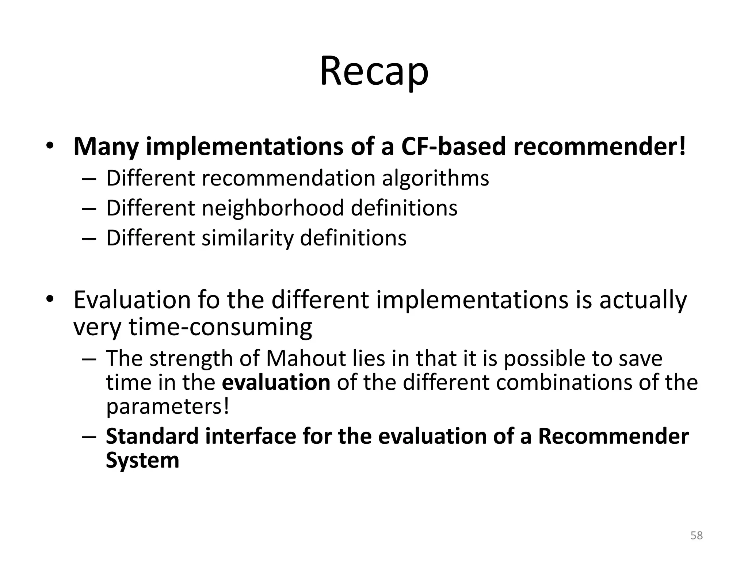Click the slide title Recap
click(x=374, y=72)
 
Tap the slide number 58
click(x=697, y=535)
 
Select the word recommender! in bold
click(x=599, y=146)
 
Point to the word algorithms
click(x=435, y=179)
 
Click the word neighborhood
click(x=272, y=208)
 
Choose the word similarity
click(x=247, y=238)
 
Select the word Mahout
click(x=306, y=359)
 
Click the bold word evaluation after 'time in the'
click(x=276, y=382)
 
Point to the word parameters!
click(x=168, y=407)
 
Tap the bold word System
click(x=142, y=460)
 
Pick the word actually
click(x=643, y=300)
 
